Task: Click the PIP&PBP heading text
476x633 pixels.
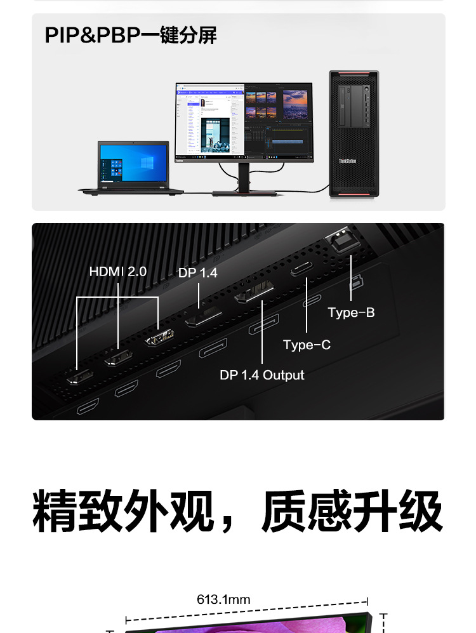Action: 131,36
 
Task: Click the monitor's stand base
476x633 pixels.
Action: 244,193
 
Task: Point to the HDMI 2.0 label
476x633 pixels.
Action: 118,272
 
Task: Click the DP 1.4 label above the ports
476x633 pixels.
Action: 198,273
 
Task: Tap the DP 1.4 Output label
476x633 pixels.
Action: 262,375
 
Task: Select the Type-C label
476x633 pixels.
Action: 307,345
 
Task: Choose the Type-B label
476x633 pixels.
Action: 351,312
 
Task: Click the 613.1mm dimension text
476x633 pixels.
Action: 223,599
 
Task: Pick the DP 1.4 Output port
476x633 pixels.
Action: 254,296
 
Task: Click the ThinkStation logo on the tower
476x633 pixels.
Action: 347,161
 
